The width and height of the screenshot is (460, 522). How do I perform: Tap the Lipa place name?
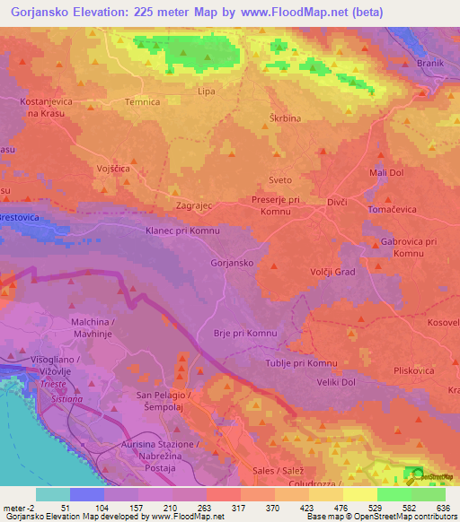[x=207, y=91]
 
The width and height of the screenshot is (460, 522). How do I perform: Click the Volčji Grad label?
[x=333, y=272]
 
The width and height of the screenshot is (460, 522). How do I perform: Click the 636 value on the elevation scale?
[x=444, y=508]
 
